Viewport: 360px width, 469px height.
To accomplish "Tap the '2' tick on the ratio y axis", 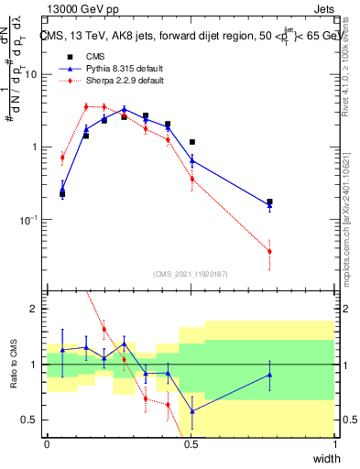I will point(37,309).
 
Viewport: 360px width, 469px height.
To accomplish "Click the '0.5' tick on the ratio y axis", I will point(32,420).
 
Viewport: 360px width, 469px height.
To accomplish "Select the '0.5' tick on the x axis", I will point(191,444).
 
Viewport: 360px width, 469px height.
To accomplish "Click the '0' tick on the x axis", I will point(47,444).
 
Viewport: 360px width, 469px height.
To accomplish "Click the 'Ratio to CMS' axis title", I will point(16,364).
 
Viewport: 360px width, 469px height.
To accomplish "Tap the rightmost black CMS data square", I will point(269,202).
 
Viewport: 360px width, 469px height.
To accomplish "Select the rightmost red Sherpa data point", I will point(269,251).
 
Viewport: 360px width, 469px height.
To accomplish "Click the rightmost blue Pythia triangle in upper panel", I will point(269,206).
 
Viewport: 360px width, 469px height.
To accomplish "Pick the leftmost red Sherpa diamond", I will point(62,158).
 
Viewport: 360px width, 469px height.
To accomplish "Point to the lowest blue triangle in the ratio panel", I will point(192,411).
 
